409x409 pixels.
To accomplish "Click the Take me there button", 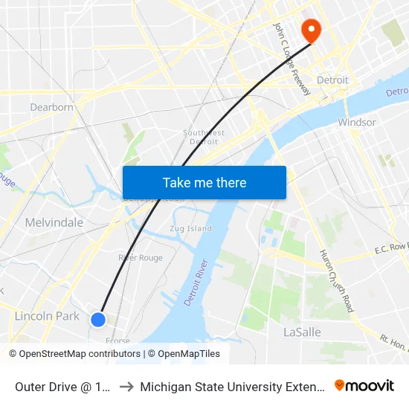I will (x=204, y=183).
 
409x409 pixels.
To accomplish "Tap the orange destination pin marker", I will (x=309, y=30).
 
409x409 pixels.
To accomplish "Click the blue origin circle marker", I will (x=98, y=320).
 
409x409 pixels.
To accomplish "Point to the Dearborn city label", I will (x=52, y=107).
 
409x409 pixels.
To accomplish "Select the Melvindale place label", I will (x=54, y=222).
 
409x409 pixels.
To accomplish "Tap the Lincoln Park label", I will (x=47, y=316).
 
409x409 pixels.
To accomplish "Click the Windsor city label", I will (x=356, y=122).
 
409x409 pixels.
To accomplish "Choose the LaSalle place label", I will (x=302, y=332).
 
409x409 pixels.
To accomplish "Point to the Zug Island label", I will (x=190, y=229).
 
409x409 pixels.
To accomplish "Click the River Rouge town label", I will (x=141, y=258).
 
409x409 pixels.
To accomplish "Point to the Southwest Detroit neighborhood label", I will (x=204, y=137).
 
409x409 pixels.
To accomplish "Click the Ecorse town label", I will (x=117, y=341).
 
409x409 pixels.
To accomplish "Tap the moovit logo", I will (x=364, y=385).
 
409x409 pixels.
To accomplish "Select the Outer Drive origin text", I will (x=62, y=386).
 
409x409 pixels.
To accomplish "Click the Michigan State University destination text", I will (x=231, y=386).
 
